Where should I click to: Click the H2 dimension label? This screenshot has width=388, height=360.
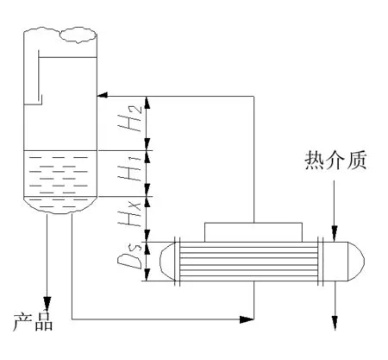[130, 118]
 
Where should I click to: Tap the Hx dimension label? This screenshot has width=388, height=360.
[130, 213]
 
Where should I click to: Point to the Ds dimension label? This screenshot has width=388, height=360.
[130, 256]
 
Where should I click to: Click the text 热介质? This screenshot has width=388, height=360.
[335, 160]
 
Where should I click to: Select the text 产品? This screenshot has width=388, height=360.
[33, 321]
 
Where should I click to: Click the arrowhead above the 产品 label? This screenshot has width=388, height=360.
[47, 304]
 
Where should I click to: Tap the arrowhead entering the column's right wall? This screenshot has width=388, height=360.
[103, 95]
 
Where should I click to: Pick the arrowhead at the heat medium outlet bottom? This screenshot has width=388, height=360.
[335, 323]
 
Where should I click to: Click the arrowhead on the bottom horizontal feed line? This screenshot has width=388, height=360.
[247, 319]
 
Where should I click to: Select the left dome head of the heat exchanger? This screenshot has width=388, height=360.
[167, 261]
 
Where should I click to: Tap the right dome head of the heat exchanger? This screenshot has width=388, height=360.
[356, 261]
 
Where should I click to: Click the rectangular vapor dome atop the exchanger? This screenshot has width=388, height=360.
[253, 232]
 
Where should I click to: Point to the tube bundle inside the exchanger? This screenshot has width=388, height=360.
[248, 261]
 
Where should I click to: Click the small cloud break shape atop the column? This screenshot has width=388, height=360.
[78, 35]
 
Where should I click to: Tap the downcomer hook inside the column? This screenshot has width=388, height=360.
[40, 78]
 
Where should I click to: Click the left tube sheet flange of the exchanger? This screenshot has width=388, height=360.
[178, 261]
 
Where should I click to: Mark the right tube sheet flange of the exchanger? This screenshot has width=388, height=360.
[321, 261]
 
